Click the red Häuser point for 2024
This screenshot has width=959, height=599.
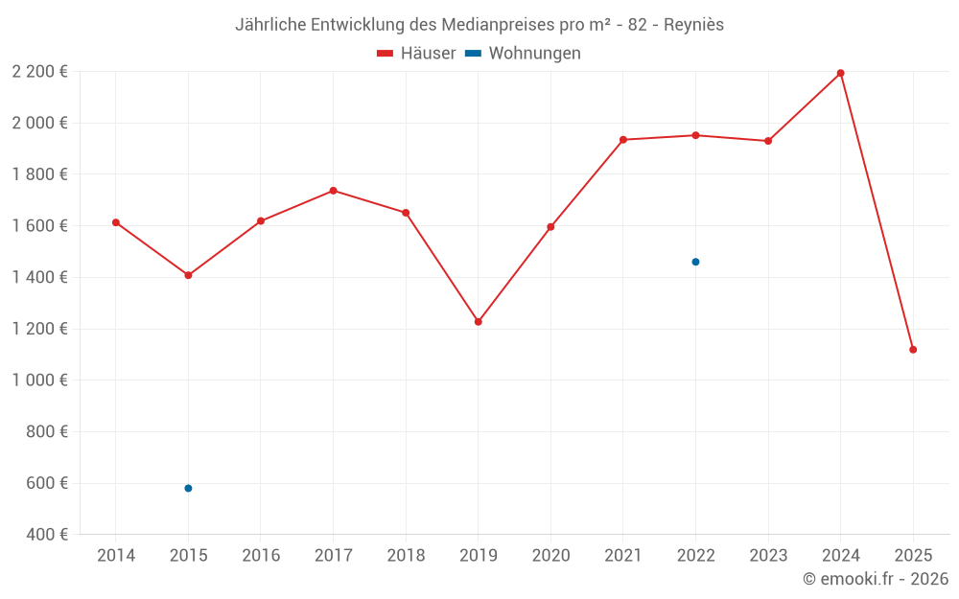pos(840,73)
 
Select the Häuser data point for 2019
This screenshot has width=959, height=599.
pos(479,322)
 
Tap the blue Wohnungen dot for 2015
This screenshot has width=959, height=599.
pos(188,489)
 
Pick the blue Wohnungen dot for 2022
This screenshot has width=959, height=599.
pos(695,262)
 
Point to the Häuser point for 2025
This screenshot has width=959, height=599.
pos(913,350)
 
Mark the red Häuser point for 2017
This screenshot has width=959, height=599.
pos(333,191)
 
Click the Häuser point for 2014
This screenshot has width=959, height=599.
pos(116,222)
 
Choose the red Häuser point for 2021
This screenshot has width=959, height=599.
pos(623,140)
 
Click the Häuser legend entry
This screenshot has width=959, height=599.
pos(416,54)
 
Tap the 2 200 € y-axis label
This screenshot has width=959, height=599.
pos(40,71)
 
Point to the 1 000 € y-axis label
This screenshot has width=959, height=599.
pos(40,380)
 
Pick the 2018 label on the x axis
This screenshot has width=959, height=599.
pos(406,556)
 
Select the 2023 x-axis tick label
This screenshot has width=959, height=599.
pos(768,556)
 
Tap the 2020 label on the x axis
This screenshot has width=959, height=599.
pos(550,556)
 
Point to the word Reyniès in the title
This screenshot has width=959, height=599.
pos(693,25)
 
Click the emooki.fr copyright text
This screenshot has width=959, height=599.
pos(876,579)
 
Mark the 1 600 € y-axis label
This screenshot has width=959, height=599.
pos(40,225)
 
